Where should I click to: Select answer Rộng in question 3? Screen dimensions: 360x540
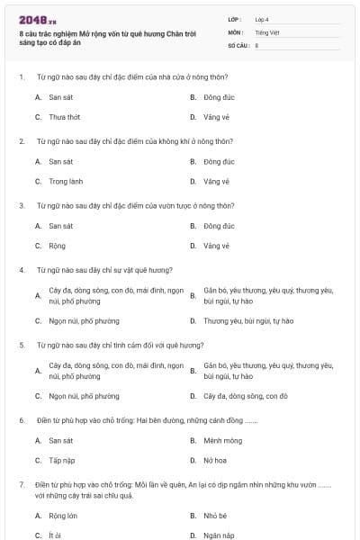(57, 246)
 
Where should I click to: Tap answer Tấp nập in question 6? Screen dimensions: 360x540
(61, 461)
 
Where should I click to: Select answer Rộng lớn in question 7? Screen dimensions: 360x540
(63, 516)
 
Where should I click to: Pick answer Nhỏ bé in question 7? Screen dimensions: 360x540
(215, 516)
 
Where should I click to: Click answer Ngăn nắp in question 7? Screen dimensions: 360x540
(219, 535)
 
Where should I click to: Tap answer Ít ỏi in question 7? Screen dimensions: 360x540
(55, 535)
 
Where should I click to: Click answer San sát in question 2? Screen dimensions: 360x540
(60, 161)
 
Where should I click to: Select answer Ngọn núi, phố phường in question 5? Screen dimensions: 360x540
(84, 396)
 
